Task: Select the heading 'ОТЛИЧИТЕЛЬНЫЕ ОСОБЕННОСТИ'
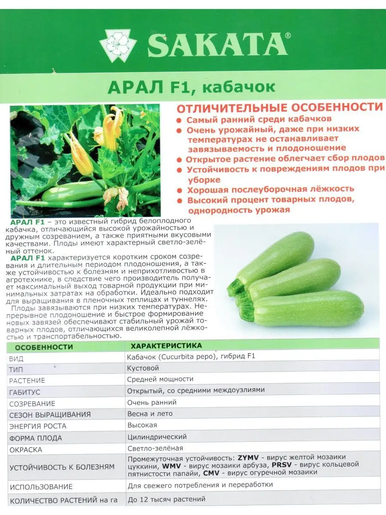click(279, 107)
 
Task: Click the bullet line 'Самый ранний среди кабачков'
click(259, 119)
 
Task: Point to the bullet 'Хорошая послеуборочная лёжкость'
click(270, 189)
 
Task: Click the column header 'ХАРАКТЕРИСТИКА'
click(166, 345)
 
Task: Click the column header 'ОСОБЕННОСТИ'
click(41, 347)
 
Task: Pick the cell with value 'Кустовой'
click(143, 368)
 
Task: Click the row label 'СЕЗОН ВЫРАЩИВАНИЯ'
click(50, 415)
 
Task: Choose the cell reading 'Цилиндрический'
click(157, 437)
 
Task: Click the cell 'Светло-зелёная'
click(155, 448)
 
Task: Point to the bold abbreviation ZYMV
click(248, 457)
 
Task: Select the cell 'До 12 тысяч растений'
click(166, 499)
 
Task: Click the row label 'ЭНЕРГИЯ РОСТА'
click(38, 426)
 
